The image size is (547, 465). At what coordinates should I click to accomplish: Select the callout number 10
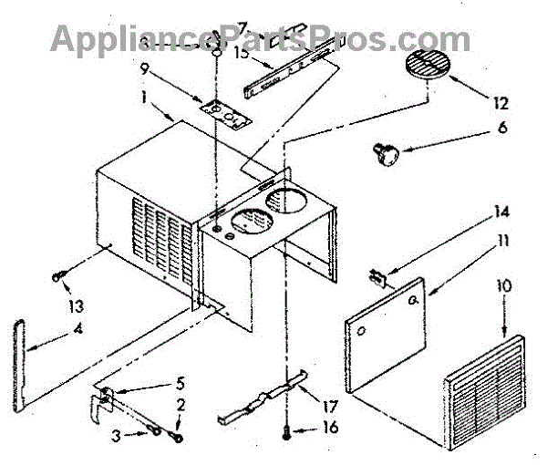(x=504, y=285)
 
